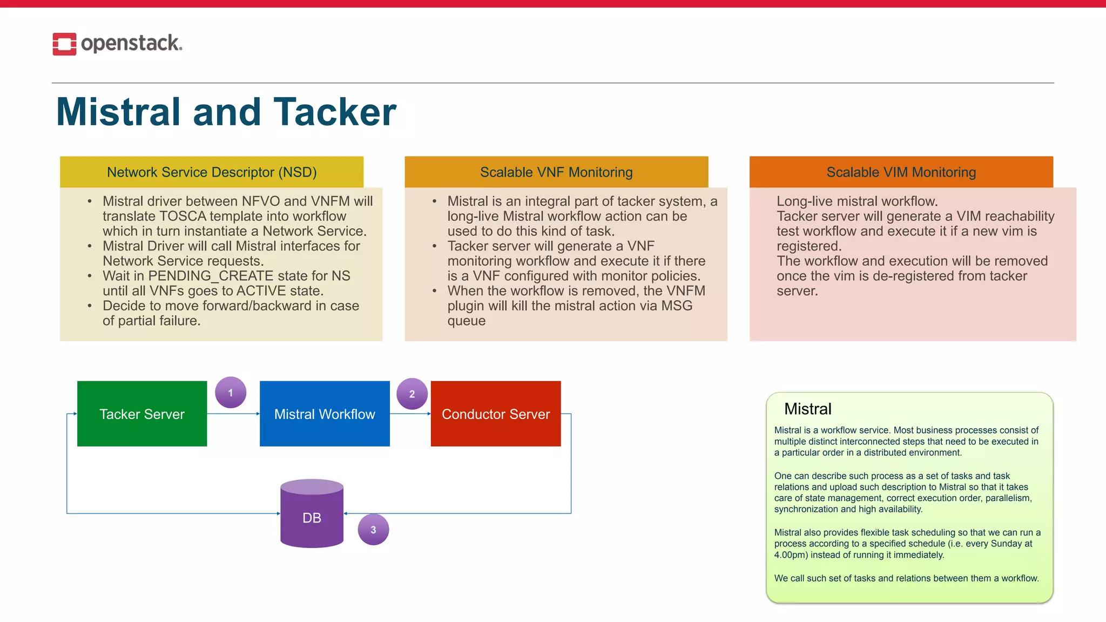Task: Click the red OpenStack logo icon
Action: (64, 44)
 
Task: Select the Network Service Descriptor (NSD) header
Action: (212, 172)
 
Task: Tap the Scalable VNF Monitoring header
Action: (556, 172)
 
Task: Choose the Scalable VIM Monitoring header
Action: (901, 172)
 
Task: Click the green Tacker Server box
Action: (142, 414)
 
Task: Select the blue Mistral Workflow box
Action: (325, 414)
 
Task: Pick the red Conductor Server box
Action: (496, 414)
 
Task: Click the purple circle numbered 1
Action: (231, 393)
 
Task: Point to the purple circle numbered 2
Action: (412, 394)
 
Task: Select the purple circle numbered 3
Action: (373, 530)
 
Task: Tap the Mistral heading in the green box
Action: (807, 409)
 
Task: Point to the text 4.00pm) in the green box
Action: (791, 555)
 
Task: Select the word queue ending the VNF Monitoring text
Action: (466, 321)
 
